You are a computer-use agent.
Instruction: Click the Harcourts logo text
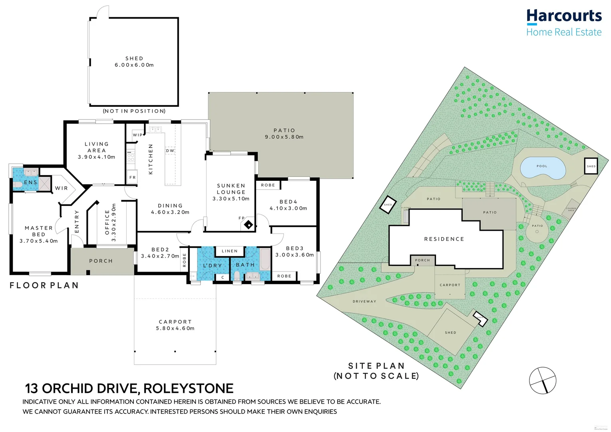coord(563,16)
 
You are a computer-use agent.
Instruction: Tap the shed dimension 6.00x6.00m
coord(134,65)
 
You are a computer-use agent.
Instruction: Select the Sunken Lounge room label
coord(231,189)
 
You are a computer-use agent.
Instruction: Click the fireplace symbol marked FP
coord(249,225)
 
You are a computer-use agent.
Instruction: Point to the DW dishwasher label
coord(170,151)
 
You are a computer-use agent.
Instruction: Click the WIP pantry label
coord(137,135)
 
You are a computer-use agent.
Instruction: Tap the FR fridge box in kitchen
coord(132,177)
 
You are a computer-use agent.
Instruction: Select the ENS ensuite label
coord(30,182)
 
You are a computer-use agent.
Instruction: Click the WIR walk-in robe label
coord(62,188)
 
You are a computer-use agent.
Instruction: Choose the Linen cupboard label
coord(229,251)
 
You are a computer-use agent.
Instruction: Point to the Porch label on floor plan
coord(101,261)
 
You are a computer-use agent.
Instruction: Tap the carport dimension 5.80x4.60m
coord(175,328)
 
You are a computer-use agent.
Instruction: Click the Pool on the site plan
coord(543,168)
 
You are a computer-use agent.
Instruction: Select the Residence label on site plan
coord(444,239)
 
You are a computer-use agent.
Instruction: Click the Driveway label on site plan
coord(364,301)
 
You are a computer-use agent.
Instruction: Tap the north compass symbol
coord(542,380)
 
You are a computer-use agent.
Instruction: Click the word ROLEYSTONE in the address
coord(188,388)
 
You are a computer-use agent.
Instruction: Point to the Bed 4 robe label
coord(268,185)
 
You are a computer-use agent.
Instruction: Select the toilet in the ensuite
coord(17,185)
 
